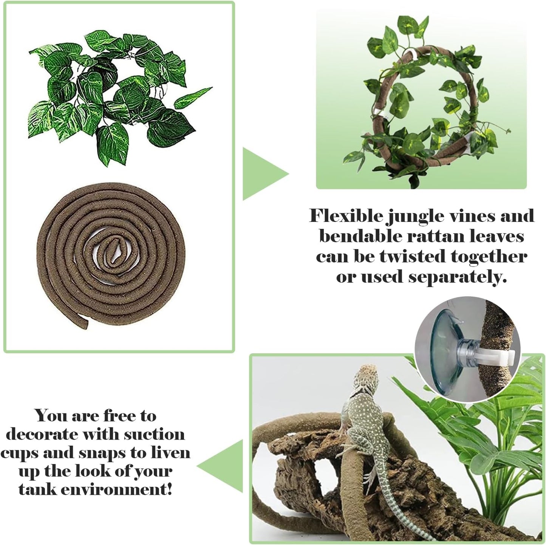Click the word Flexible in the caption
point(346,216)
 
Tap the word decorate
point(42,435)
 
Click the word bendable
point(360,236)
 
